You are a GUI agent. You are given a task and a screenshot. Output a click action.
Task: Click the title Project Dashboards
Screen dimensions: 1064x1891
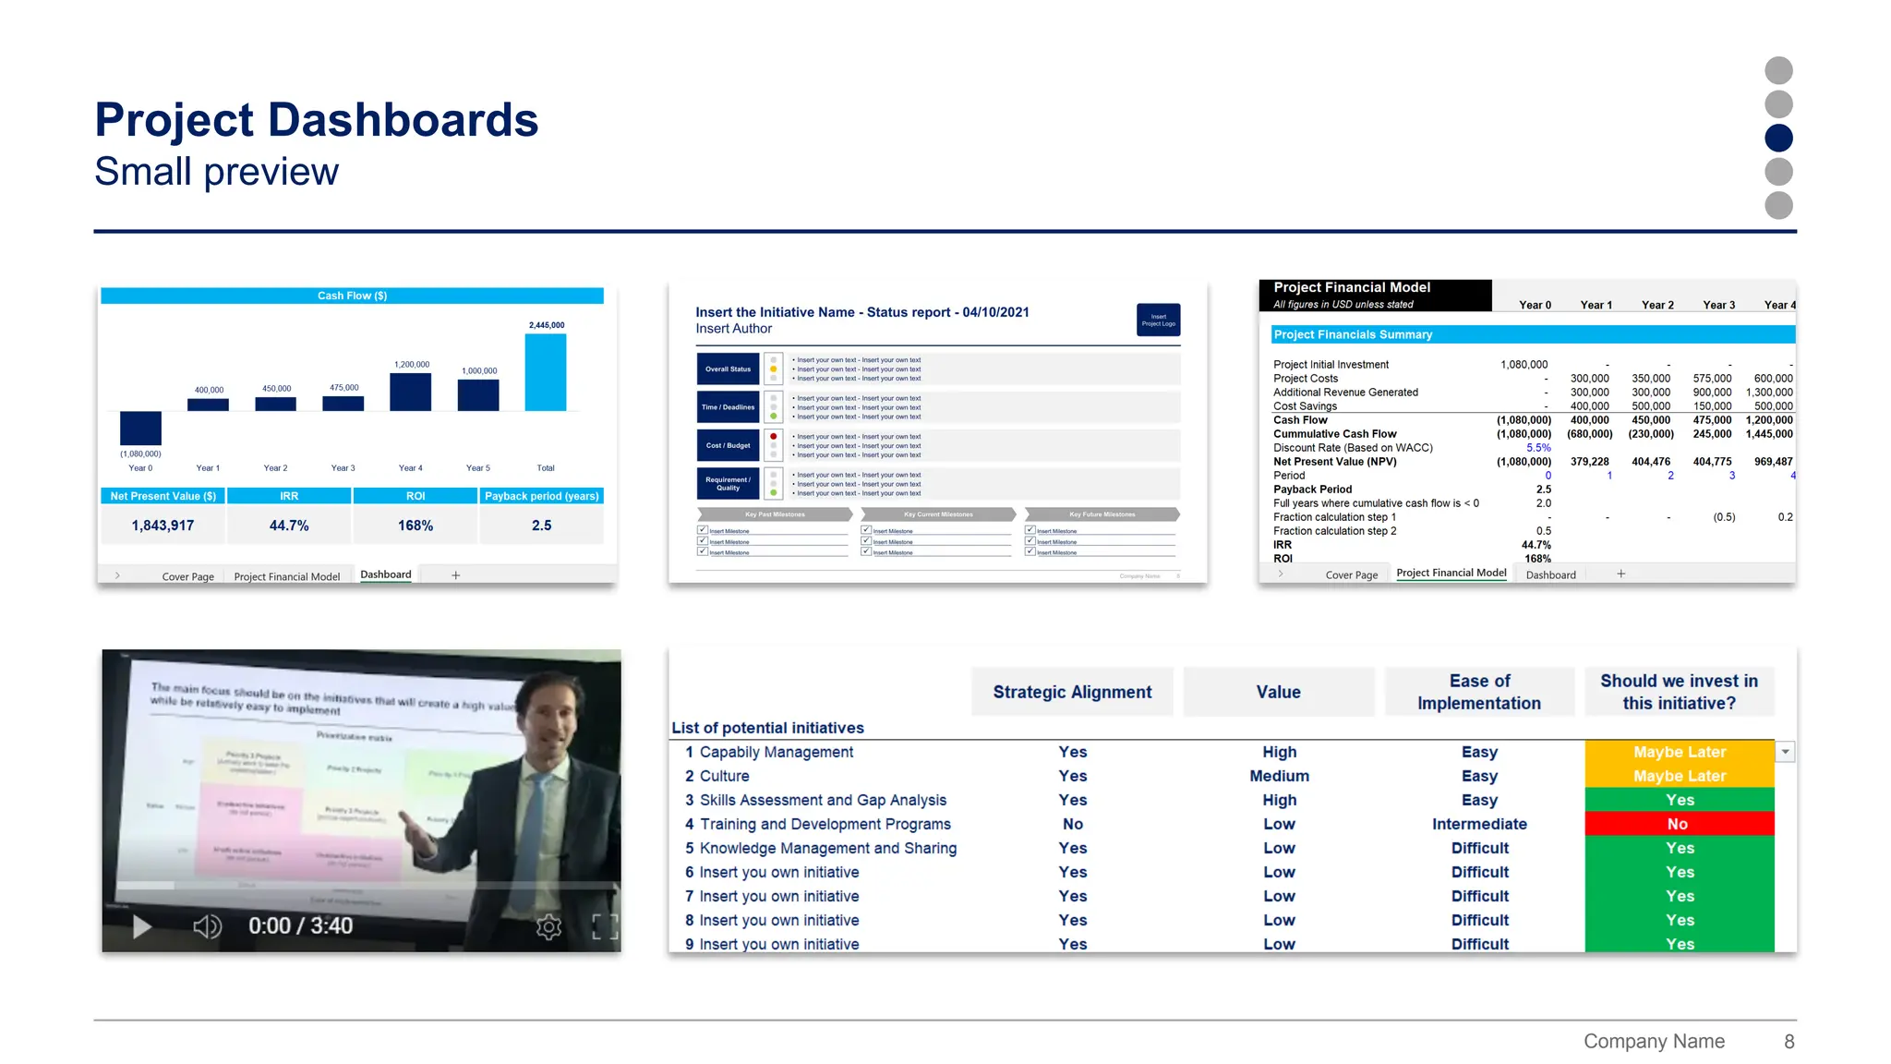[x=316, y=120]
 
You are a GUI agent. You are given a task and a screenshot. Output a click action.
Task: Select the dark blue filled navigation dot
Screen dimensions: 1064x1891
[x=1777, y=138]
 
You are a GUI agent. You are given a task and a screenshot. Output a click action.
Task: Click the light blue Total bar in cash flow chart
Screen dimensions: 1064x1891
[x=545, y=372]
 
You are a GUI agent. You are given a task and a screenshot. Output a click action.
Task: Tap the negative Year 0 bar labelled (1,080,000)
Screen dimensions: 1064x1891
[x=140, y=428]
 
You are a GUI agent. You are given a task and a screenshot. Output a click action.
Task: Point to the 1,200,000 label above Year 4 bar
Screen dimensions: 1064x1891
[x=411, y=365]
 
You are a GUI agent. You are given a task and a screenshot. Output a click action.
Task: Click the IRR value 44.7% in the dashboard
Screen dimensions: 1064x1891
[x=289, y=526]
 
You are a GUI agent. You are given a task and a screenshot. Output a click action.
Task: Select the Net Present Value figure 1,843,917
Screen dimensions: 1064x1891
[x=163, y=526]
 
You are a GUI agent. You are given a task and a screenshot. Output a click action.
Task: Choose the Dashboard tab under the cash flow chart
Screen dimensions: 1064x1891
[x=385, y=574]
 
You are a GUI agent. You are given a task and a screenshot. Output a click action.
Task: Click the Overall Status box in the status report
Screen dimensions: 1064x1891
[x=728, y=369]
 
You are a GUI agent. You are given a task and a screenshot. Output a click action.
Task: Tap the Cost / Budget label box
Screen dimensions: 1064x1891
[x=728, y=445]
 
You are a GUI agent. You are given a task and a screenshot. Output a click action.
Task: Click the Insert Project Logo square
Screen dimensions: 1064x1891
[x=1158, y=320]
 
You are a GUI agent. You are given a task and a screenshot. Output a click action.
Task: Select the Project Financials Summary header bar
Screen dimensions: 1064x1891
[x=1532, y=334]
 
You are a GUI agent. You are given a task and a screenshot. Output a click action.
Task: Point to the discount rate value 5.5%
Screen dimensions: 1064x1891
[x=1537, y=448]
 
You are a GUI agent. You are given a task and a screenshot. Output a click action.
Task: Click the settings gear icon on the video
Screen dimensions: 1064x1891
[x=548, y=926]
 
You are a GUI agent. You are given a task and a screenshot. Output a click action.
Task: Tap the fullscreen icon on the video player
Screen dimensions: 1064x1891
[x=605, y=926]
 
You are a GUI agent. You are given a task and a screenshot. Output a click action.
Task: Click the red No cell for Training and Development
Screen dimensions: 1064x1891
[x=1679, y=824]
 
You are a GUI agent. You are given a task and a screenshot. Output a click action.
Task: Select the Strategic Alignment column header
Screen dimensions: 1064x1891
[x=1071, y=692]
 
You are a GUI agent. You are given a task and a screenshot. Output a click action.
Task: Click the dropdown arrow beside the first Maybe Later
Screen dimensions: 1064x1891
[x=1785, y=752]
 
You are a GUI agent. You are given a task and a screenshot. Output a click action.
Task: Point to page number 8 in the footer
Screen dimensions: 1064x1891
[x=1789, y=1042]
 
